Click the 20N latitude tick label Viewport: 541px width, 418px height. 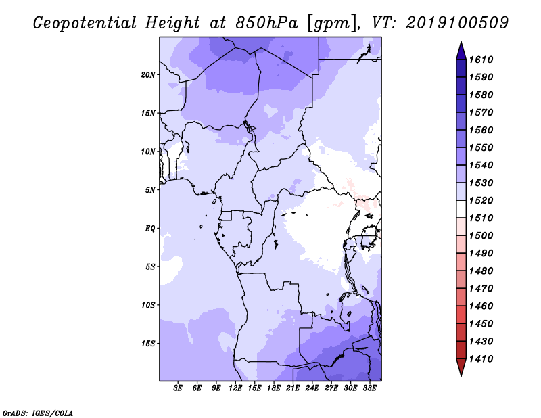[x=148, y=75]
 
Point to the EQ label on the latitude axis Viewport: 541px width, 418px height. [x=150, y=229]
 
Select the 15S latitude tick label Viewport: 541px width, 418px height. [x=148, y=344]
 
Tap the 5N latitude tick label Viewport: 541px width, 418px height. [x=150, y=190]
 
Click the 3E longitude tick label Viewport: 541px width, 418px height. [x=178, y=388]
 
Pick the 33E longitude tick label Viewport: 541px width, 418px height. [x=369, y=388]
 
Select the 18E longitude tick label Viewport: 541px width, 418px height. [x=274, y=388]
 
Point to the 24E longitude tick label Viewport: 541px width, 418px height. [x=312, y=388]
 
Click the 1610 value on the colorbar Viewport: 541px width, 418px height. [x=481, y=60]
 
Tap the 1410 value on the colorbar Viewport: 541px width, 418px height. [x=481, y=359]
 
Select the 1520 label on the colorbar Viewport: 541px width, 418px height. [x=481, y=200]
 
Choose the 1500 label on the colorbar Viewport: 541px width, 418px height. [x=481, y=236]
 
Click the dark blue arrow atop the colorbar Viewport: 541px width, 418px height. [x=461, y=51]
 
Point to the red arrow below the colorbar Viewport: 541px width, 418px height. [x=461, y=367]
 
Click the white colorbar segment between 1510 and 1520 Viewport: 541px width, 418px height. [x=461, y=209]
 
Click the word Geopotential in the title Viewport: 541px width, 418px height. [x=85, y=24]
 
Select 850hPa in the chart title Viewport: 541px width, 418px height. [x=266, y=23]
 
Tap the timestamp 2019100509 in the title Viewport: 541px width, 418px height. [x=457, y=23]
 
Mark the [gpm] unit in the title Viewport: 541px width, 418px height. [x=333, y=24]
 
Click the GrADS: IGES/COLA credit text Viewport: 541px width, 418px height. [x=38, y=413]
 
